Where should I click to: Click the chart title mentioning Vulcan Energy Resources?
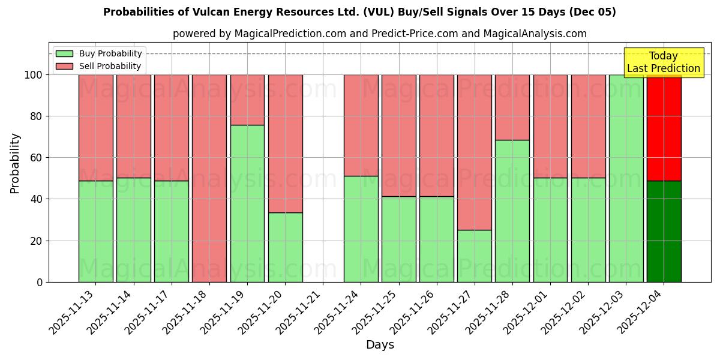(359, 12)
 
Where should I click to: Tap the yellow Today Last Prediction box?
(663, 62)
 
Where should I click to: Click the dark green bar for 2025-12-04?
(664, 231)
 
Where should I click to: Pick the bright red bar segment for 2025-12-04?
(664, 127)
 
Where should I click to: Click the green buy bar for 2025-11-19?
(247, 203)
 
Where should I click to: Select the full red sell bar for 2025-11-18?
(209, 178)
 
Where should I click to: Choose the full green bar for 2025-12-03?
(626, 178)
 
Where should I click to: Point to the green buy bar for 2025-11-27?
(474, 256)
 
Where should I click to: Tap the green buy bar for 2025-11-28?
(512, 211)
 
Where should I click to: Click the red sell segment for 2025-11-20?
(285, 143)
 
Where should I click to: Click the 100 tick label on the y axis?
(33, 75)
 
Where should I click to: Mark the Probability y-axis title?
(15, 163)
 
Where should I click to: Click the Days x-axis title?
(380, 345)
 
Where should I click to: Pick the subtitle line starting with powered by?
(379, 34)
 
